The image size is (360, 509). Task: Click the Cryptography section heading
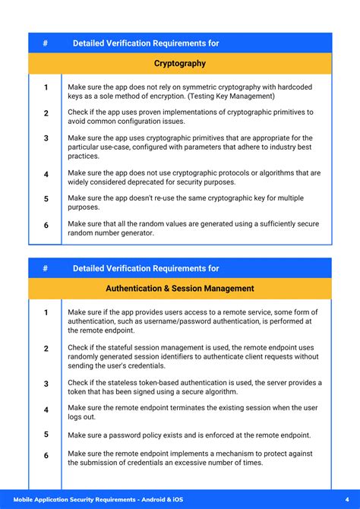click(x=180, y=63)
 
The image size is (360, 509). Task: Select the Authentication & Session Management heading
click(x=180, y=289)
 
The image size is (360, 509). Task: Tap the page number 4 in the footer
click(x=336, y=500)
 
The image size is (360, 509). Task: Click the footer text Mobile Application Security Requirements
click(x=96, y=500)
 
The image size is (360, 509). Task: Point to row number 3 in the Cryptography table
click(x=46, y=138)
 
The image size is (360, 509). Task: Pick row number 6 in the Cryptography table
click(x=46, y=226)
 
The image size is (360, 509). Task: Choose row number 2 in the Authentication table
click(x=46, y=349)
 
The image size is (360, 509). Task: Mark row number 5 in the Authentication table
click(x=46, y=435)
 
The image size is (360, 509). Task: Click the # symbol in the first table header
click(x=46, y=43)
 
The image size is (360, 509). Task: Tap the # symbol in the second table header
click(x=46, y=268)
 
